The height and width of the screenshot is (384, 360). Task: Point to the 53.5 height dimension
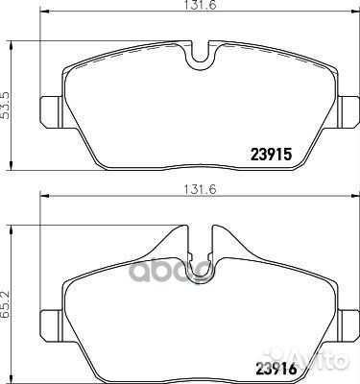8,103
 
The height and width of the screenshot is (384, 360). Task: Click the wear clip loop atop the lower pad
200,259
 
